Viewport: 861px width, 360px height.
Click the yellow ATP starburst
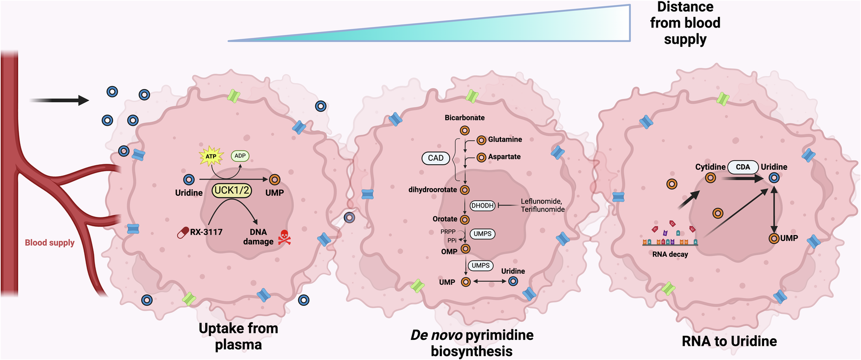coord(211,156)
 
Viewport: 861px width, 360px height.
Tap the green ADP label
coord(240,156)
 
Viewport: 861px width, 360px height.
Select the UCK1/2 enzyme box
coord(232,190)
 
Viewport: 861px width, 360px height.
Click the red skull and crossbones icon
coord(284,238)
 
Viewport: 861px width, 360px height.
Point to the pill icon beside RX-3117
coord(184,232)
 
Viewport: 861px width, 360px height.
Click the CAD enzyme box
coord(435,158)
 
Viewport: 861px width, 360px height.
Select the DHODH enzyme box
coord(482,206)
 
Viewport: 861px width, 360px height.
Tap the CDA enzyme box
coord(743,167)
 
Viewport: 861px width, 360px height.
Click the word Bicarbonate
coord(464,118)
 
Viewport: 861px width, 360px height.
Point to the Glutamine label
coord(505,140)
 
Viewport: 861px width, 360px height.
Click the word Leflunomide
coord(541,201)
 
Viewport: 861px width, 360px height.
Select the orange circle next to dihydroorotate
coord(464,190)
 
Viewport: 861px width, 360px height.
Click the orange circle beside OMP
coord(465,249)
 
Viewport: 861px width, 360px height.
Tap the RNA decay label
coord(670,254)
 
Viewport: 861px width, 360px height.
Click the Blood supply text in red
coord(50,242)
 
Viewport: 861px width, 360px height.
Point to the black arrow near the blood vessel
coord(59,100)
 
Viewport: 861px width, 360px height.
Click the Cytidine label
coord(710,167)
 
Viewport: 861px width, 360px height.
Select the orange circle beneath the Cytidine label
coord(710,178)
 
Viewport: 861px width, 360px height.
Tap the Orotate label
coord(445,219)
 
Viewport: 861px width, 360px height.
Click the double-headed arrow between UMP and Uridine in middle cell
coord(490,281)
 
